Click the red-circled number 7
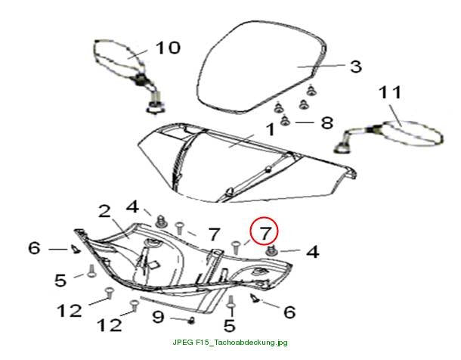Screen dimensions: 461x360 click(265, 233)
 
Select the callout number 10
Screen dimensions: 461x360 click(168, 48)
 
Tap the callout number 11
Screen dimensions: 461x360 click(390, 92)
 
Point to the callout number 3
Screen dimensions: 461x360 click(356, 67)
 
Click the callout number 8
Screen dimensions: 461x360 click(327, 123)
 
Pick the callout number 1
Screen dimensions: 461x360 click(271, 129)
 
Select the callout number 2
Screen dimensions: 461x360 click(104, 212)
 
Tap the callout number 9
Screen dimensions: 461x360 click(158, 316)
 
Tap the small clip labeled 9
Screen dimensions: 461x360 click(192, 320)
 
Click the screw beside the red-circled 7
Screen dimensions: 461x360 click(236, 247)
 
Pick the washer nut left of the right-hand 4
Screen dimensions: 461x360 click(271, 251)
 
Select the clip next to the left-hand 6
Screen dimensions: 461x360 click(76, 249)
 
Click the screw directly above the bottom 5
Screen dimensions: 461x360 click(230, 303)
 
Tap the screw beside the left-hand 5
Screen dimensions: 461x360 click(91, 271)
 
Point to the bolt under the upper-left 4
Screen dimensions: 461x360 click(161, 221)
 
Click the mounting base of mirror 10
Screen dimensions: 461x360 click(155, 107)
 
